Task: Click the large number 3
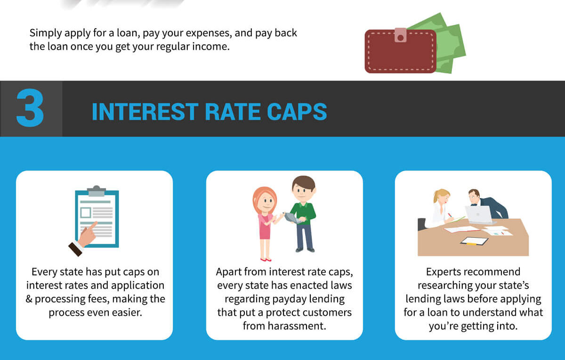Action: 30,109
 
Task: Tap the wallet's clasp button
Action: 400,34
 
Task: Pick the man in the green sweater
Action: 302,212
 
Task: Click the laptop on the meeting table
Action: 478,215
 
